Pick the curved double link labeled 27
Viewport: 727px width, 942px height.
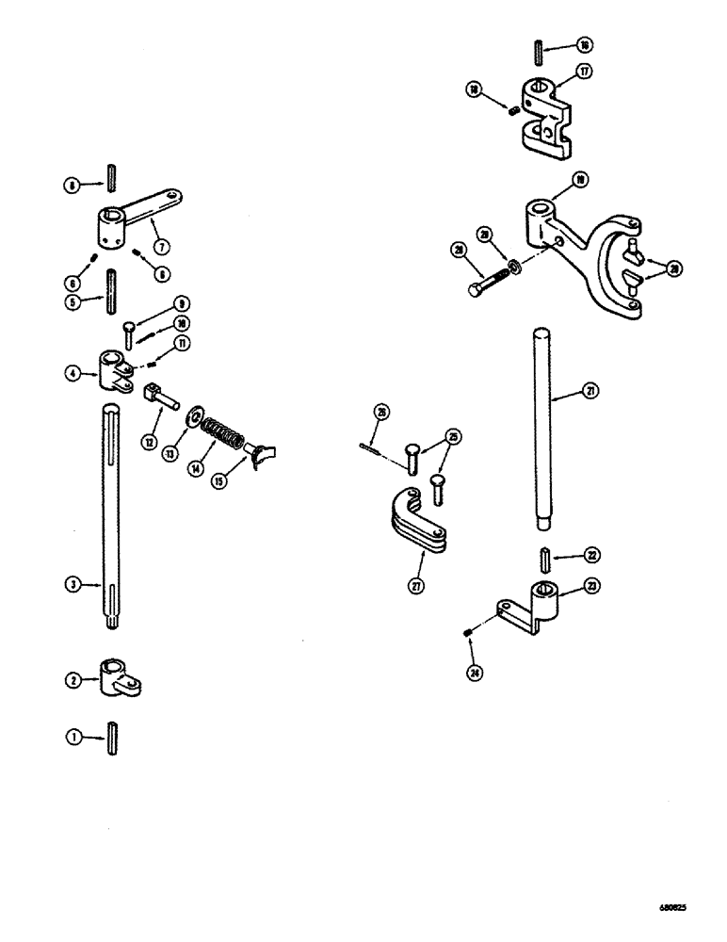coord(415,522)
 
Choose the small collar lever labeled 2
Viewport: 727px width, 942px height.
coord(117,679)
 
